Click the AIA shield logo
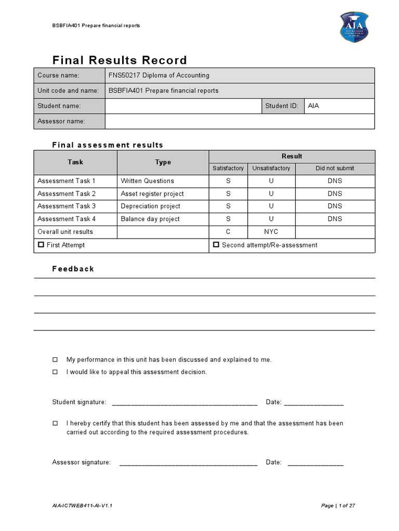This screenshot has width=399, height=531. tap(354, 26)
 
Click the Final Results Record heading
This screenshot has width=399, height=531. tap(119, 60)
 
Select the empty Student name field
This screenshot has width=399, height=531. tap(183, 106)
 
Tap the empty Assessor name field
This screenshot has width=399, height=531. tap(239, 121)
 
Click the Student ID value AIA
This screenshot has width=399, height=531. tap(314, 106)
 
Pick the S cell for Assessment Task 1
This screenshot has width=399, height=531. tap(228, 181)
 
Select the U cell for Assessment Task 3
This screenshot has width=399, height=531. tap(271, 206)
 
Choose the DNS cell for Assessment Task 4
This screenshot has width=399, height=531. tap(335, 219)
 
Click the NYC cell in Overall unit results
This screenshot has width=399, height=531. tap(271, 232)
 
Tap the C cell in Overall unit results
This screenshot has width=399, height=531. tap(228, 232)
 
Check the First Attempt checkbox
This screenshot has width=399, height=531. tap(41, 245)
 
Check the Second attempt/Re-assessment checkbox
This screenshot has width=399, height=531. tap(216, 245)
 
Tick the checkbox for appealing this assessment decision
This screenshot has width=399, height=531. tap(56, 372)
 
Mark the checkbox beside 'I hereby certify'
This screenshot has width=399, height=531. tap(56, 423)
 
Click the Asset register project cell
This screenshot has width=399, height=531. tap(152, 194)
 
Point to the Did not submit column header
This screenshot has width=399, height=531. tap(335, 169)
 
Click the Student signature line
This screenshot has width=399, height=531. tap(184, 403)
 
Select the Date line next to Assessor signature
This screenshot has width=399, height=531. tap(315, 463)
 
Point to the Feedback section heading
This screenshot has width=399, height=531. tap(73, 269)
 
